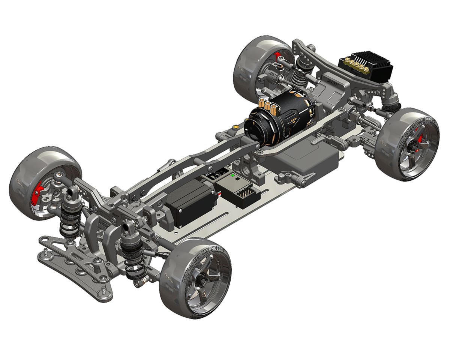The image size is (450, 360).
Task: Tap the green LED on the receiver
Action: pyautogui.click(x=232, y=175)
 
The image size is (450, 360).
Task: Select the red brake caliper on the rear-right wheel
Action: pyautogui.click(x=420, y=139)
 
